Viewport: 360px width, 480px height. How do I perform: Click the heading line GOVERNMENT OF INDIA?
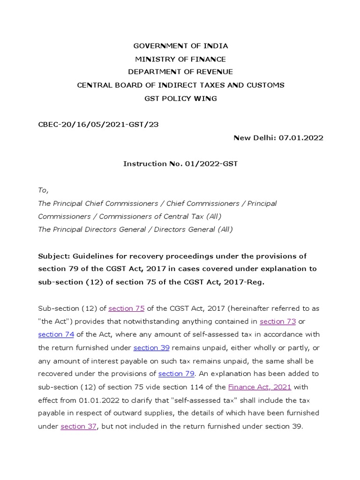pyautogui.click(x=180, y=46)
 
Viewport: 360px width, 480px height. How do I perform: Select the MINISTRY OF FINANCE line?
pyautogui.click(x=180, y=59)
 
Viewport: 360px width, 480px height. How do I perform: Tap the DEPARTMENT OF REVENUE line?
pyautogui.click(x=180, y=72)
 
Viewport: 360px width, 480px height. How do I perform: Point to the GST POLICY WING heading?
pyautogui.click(x=180, y=98)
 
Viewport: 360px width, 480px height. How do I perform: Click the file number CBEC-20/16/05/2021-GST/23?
pyautogui.click(x=94, y=124)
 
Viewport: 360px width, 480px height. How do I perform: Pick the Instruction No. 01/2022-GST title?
pyautogui.click(x=180, y=164)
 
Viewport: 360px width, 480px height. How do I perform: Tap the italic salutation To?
pyautogui.click(x=43, y=190)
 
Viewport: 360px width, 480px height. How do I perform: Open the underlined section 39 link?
pyautogui.click(x=151, y=348)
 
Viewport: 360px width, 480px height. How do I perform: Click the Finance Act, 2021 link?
pyautogui.click(x=260, y=387)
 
